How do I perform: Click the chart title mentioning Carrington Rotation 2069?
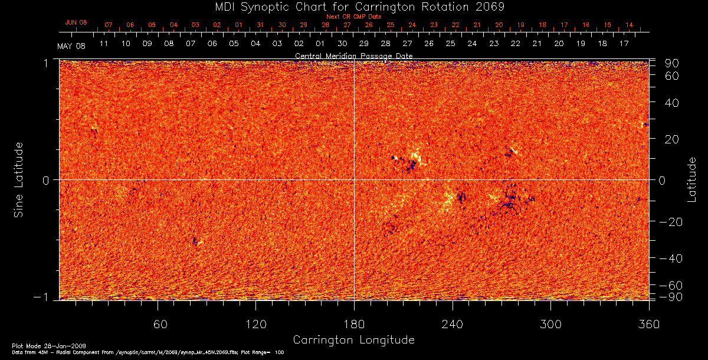353,6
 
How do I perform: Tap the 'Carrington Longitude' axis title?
353,340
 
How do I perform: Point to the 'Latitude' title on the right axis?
692,179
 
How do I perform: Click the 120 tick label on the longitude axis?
255,324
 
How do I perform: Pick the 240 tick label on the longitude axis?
453,324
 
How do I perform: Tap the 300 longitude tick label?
550,324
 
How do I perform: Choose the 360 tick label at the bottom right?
649,324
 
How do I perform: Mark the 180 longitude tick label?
354,324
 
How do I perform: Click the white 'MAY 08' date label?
71,46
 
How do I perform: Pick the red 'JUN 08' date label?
76,22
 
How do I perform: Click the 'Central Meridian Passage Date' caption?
353,56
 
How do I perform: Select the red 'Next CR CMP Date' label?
353,17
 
